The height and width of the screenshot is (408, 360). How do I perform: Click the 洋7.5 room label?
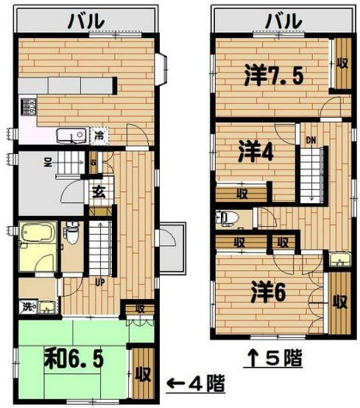275,75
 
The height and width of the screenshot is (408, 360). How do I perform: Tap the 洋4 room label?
256,152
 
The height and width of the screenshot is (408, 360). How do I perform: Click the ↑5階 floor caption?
273,359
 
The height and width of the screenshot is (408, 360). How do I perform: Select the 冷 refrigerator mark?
99,136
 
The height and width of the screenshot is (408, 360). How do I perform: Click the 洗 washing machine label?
26,306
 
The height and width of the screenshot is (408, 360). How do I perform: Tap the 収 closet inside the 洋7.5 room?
342,64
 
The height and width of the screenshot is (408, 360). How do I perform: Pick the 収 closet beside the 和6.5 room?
142,373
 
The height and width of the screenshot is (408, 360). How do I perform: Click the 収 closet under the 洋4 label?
241,194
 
